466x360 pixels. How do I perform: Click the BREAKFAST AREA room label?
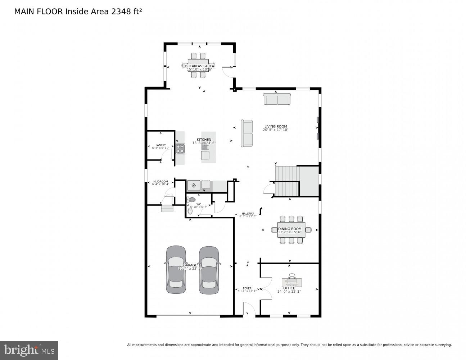pos(199,66)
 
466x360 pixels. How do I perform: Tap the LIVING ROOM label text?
pos(276,126)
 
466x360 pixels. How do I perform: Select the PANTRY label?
pos(160,145)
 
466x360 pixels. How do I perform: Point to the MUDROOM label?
pos(160,181)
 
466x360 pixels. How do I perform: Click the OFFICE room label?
pos(289,288)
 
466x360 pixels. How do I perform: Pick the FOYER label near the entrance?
pos(247,288)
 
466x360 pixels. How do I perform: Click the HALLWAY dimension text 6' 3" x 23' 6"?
pos(248,216)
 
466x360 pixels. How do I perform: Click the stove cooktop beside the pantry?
pos(180,149)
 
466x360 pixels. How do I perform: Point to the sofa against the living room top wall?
pos(277,99)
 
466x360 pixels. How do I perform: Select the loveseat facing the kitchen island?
pos(247,133)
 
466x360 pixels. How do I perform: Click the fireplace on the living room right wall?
pos(317,127)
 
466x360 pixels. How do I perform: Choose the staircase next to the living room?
pos(287,181)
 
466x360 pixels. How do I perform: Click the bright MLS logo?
pos(29,350)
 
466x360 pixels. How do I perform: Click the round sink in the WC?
pos(190,211)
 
